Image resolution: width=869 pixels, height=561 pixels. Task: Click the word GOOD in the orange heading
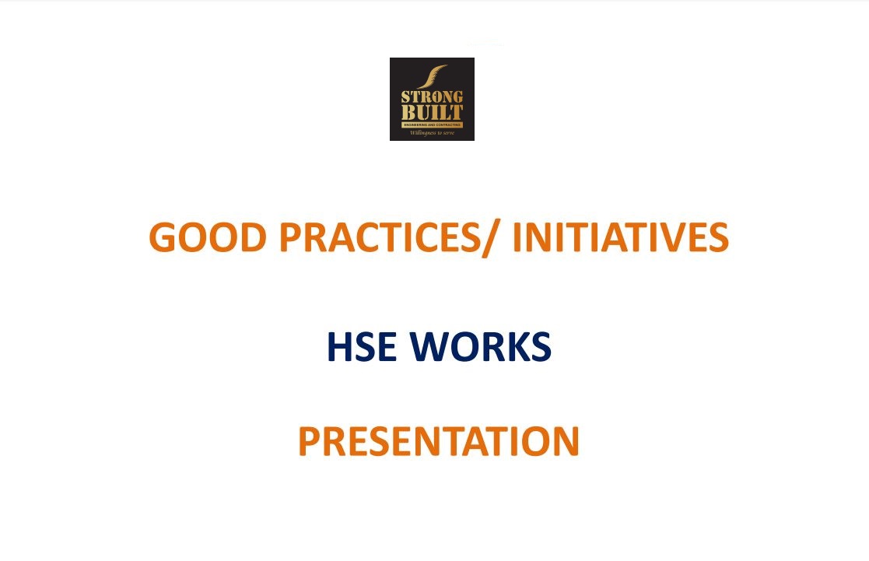pyautogui.click(x=208, y=237)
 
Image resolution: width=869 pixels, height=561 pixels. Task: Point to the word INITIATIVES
pyautogui.click(x=620, y=237)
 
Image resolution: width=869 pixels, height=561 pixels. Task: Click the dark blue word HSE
pyautogui.click(x=362, y=347)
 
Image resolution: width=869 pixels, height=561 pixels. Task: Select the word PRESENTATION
pyautogui.click(x=439, y=441)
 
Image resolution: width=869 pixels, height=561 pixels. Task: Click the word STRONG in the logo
pyautogui.click(x=432, y=97)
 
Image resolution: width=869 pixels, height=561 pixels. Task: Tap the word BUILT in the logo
pyautogui.click(x=432, y=113)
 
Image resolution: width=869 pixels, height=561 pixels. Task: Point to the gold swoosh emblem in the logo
pyautogui.click(x=432, y=76)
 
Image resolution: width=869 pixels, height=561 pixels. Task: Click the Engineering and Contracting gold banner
pyautogui.click(x=432, y=125)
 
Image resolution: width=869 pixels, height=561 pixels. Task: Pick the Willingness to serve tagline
pyautogui.click(x=432, y=133)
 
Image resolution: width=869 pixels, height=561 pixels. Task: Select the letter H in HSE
pyautogui.click(x=339, y=347)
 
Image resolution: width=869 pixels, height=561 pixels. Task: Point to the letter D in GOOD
pyautogui.click(x=253, y=237)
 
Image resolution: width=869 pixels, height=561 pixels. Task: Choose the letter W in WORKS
pyautogui.click(x=429, y=347)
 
